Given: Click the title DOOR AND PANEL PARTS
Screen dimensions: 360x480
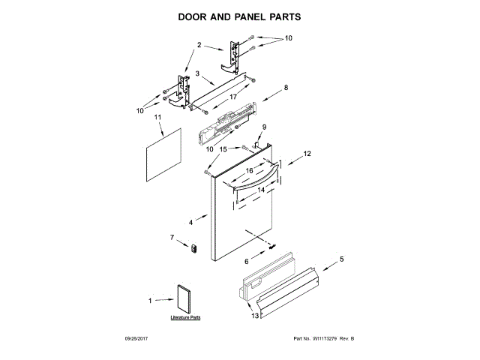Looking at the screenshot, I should pos(239,16).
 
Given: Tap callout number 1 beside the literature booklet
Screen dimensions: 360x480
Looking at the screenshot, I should pos(149,301).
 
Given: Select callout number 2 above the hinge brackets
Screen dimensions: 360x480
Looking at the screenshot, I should pos(200,46).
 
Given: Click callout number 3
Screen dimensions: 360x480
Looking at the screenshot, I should pos(197,73).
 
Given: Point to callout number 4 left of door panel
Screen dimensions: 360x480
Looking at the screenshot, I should pos(191,222).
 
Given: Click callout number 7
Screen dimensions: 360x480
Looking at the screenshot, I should pos(172,238).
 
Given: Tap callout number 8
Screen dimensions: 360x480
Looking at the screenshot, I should pos(285,88).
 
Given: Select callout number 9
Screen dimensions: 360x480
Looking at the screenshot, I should pos(263,127).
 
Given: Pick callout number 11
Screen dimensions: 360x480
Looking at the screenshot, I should pos(158,118).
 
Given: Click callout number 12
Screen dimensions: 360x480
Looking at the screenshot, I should pos(306,154).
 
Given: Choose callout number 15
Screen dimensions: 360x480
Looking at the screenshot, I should pos(223,149).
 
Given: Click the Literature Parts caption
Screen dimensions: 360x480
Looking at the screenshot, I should pos(185,318).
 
